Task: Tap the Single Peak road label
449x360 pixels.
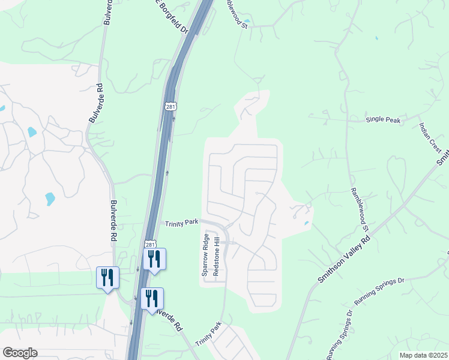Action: pos(383,120)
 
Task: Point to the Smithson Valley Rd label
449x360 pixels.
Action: pos(344,259)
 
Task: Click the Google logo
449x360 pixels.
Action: pos(20,353)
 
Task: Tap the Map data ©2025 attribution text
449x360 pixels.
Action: pos(423,355)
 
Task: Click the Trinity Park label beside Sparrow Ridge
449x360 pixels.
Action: pos(182,223)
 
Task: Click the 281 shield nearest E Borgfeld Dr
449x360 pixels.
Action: pos(170,106)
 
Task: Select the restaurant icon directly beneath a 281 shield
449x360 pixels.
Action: pos(154,259)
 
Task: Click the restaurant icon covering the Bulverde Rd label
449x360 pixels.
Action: pos(152,298)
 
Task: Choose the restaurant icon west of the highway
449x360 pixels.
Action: pos(107,277)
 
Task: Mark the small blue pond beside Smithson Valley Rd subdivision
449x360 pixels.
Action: pos(307,224)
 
